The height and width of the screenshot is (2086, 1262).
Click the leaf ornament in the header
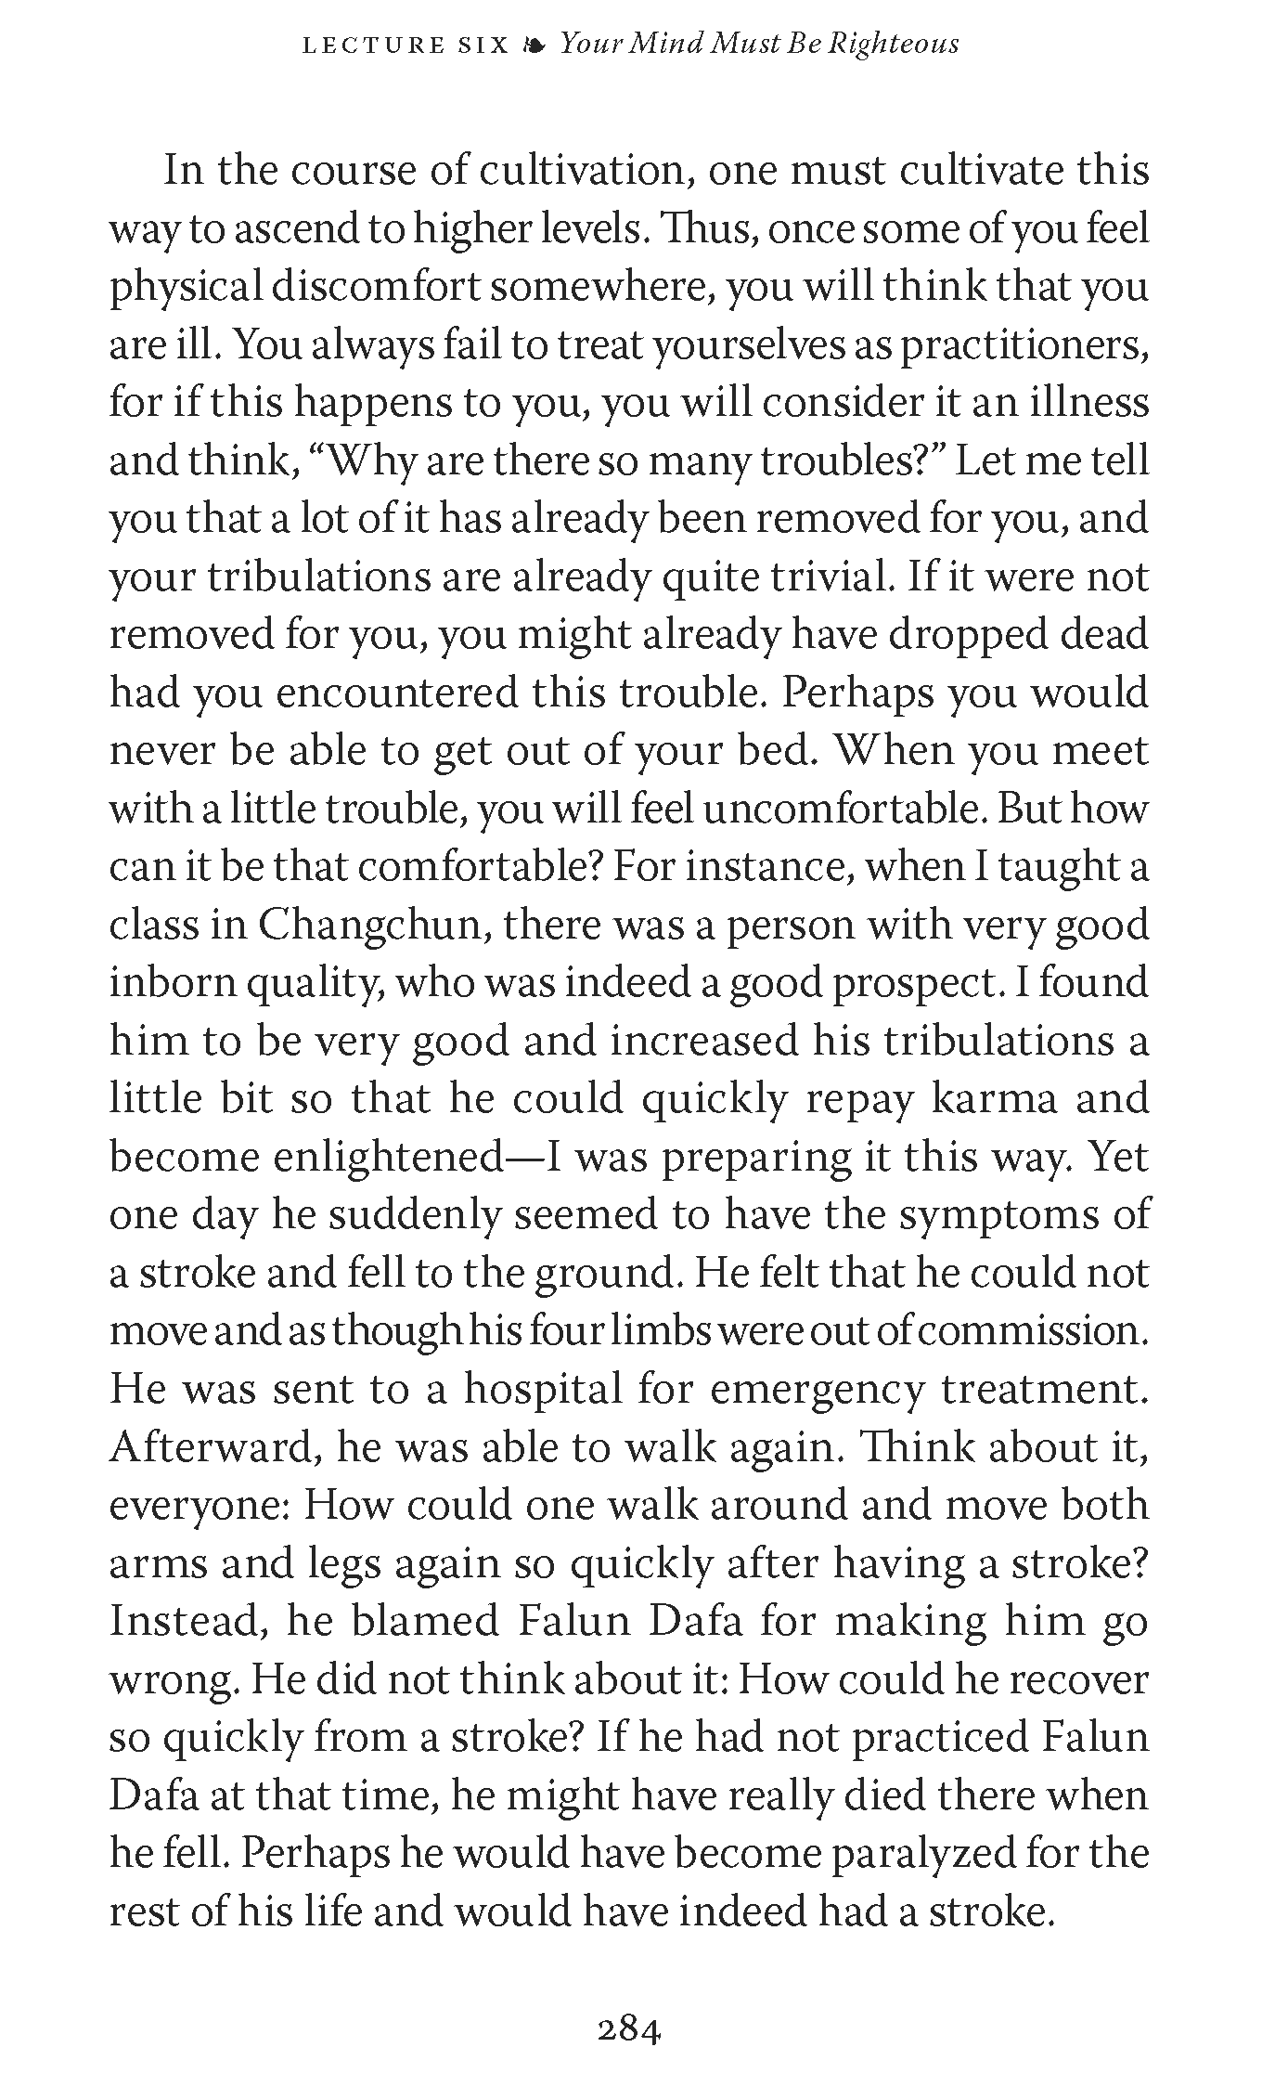pyautogui.click(x=534, y=44)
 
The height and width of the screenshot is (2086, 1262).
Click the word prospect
pyautogui.click(x=917, y=983)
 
